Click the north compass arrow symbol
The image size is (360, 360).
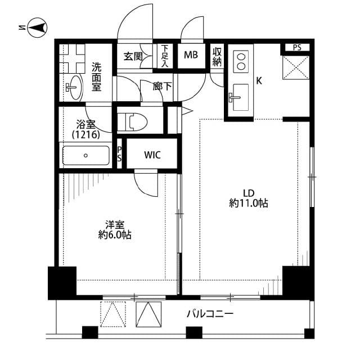point(37,28)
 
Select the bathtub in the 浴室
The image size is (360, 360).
point(85,155)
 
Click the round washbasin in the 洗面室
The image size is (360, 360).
point(75,88)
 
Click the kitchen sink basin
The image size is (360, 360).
point(240,97)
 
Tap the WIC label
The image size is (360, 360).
point(152,155)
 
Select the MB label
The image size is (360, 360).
point(191,55)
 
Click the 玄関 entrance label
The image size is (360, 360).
point(133,56)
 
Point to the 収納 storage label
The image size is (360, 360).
point(217,57)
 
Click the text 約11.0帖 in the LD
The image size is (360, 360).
point(249,203)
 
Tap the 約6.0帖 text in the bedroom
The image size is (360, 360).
point(115,235)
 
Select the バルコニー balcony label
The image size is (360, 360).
point(210,313)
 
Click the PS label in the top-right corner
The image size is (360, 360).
point(297,47)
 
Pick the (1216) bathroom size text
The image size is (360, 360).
point(86,134)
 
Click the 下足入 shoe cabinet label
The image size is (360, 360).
point(165,56)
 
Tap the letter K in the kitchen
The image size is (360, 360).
point(259,81)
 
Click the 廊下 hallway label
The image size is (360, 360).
point(162,86)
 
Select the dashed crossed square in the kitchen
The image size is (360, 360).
point(296,67)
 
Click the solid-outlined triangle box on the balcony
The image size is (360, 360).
point(148,314)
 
